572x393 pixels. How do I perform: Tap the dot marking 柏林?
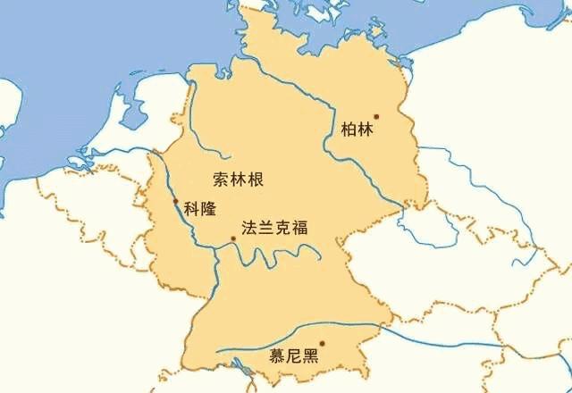click(376, 116)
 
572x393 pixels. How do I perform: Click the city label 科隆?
click(199, 211)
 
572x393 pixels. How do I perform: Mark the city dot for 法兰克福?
click(233, 238)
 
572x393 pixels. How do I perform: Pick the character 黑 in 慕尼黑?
click(310, 357)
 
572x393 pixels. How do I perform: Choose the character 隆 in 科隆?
click(208, 211)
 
